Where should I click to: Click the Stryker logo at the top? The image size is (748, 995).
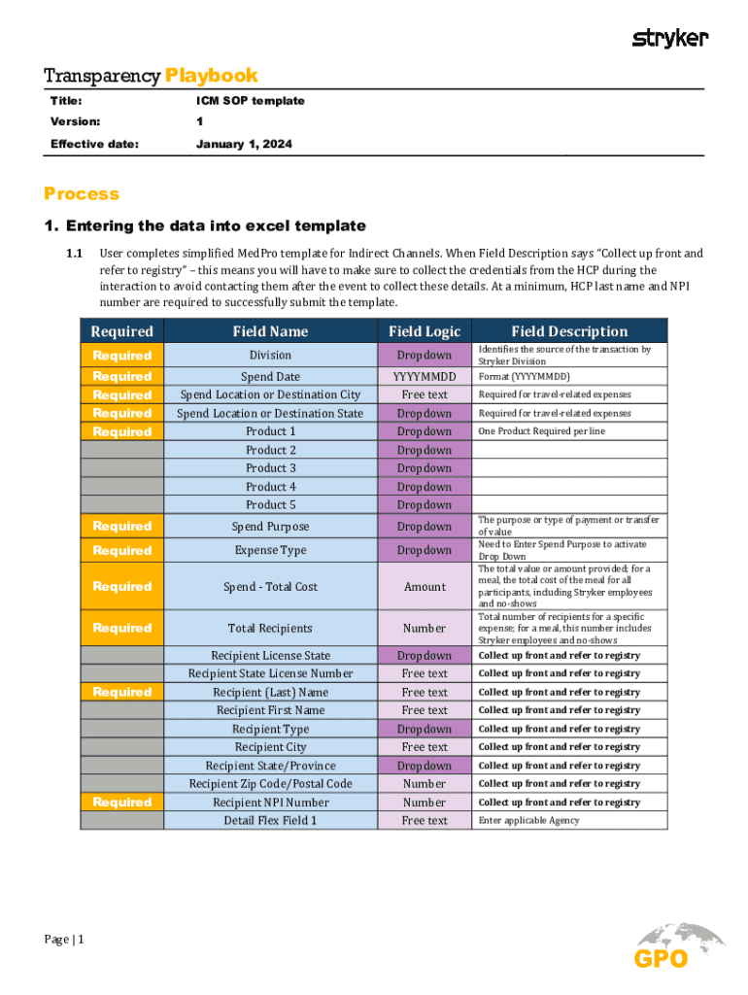(670, 38)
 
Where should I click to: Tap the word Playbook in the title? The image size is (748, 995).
(212, 76)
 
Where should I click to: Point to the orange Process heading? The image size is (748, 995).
(82, 193)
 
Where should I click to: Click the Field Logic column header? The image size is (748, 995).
(425, 331)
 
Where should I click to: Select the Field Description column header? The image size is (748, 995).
(569, 331)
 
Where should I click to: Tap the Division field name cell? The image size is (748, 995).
(270, 356)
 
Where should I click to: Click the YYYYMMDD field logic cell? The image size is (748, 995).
(425, 376)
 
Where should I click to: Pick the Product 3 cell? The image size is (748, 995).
(270, 468)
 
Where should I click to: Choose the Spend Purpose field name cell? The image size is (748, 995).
(270, 527)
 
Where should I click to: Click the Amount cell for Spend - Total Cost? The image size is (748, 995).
(425, 587)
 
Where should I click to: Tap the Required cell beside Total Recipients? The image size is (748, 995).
(122, 629)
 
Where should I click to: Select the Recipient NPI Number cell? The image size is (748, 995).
(270, 803)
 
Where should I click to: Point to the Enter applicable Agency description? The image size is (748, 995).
(528, 821)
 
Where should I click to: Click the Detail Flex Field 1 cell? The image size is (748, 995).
(270, 821)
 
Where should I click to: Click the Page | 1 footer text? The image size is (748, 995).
(65, 940)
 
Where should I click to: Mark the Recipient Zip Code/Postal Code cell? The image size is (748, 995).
(270, 784)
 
